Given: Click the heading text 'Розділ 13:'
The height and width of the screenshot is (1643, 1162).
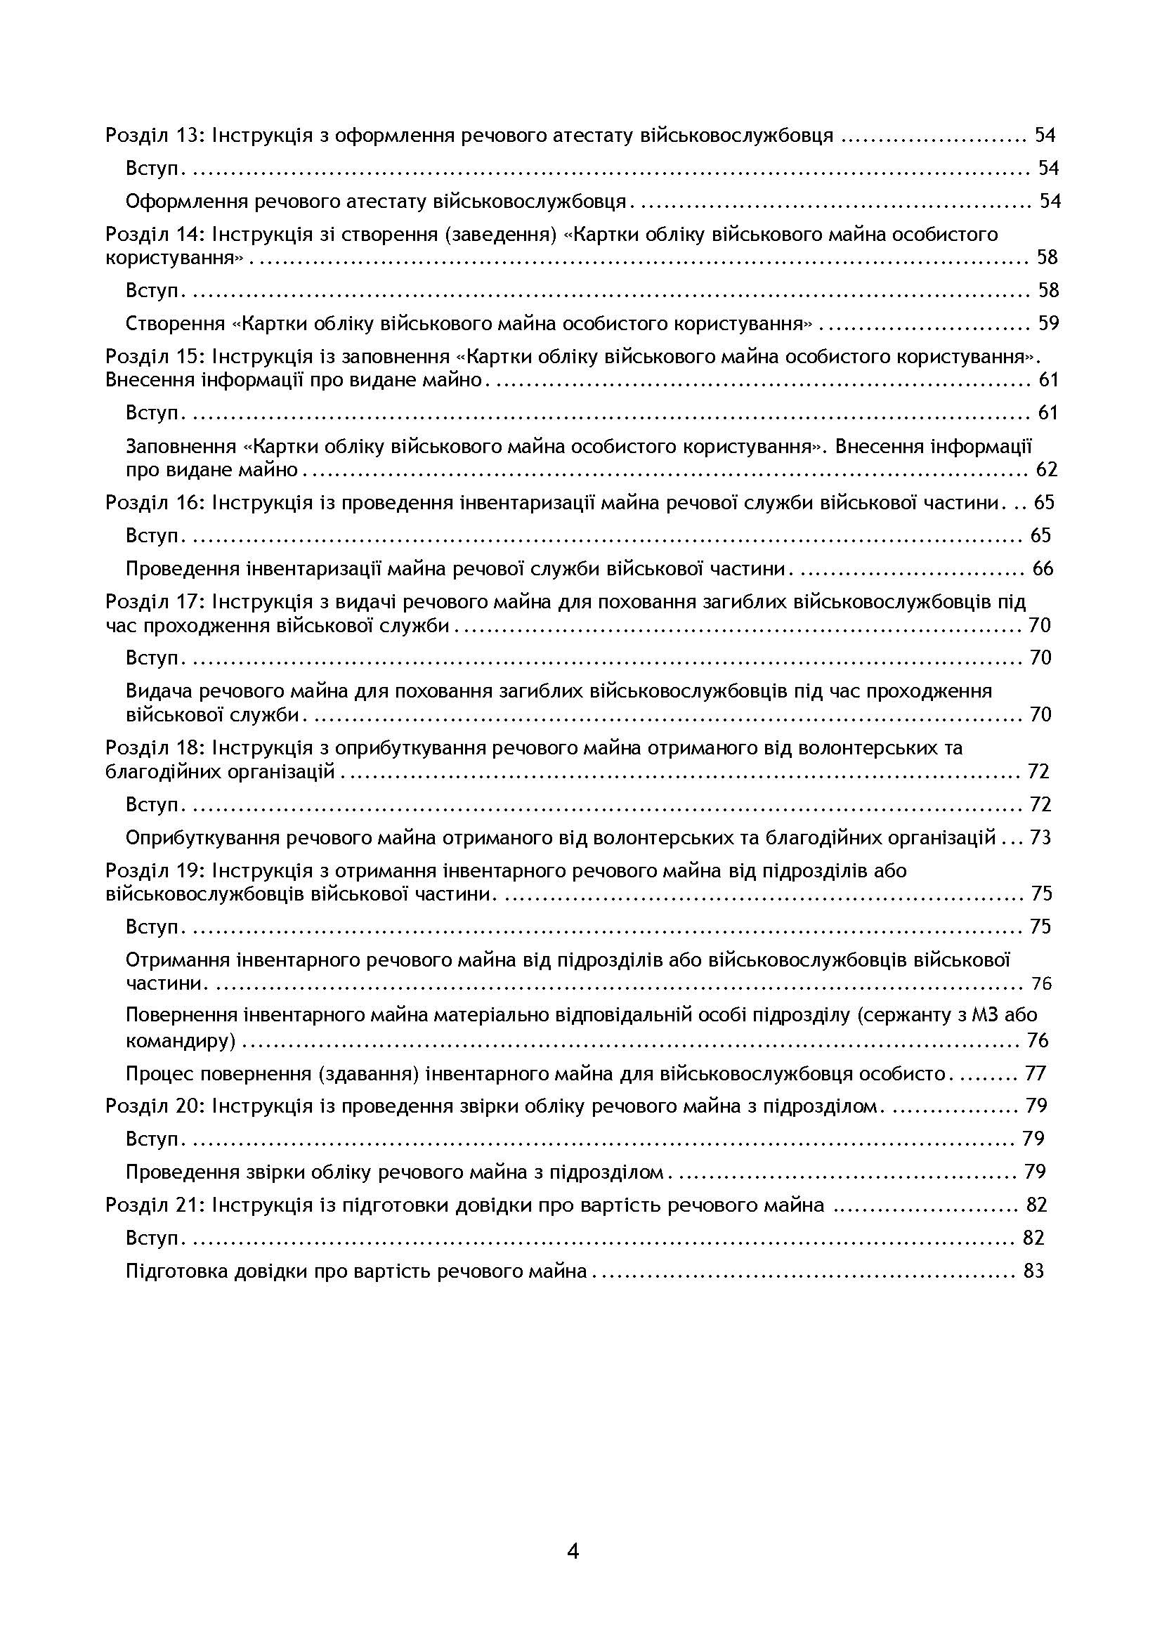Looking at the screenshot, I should coord(155,136).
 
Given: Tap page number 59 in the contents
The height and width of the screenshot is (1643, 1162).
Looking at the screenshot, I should coord(1047,323).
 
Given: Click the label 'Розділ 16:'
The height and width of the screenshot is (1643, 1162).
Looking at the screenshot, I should coord(155,502).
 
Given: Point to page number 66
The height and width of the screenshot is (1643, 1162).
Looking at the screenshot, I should coord(1043,569).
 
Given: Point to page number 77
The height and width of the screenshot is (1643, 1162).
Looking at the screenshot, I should coord(1036,1073).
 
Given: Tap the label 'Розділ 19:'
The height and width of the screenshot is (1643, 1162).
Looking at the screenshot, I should coord(155,871).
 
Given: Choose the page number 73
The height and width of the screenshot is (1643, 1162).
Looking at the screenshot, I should coord(1040,837).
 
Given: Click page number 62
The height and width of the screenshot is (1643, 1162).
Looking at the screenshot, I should coord(1046,470).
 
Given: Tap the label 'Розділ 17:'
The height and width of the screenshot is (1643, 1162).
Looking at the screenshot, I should coord(155,602).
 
